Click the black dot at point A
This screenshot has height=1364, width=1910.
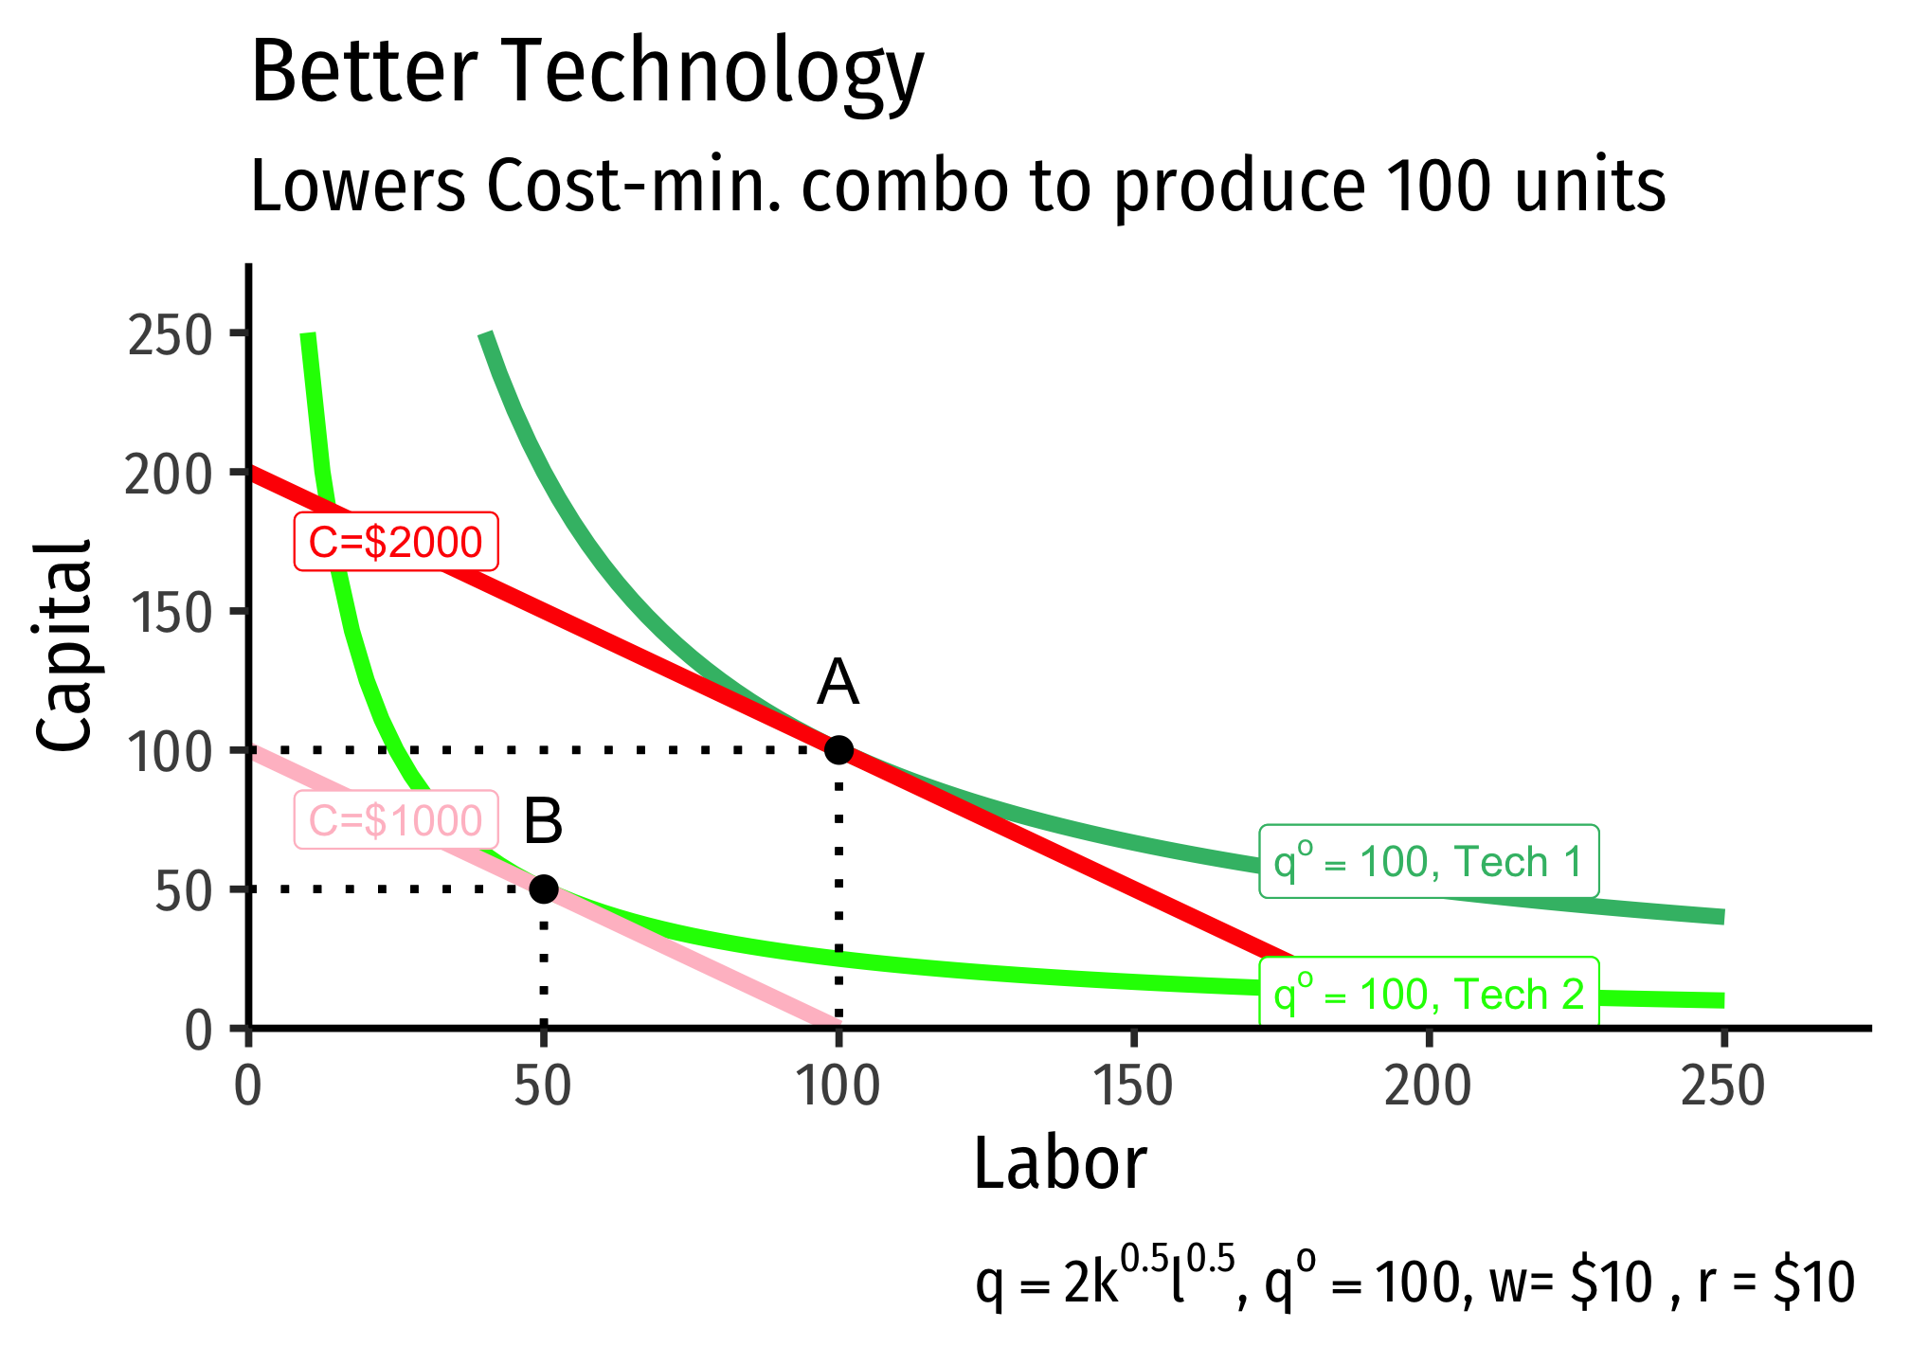(x=838, y=750)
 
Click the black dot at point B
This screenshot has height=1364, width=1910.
(x=543, y=888)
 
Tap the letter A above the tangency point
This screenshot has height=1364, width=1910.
(x=838, y=682)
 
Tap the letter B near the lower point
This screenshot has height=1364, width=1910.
(x=543, y=820)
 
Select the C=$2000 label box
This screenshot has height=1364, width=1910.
(x=396, y=543)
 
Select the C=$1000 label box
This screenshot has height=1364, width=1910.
(x=396, y=820)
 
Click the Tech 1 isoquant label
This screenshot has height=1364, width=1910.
(x=1429, y=862)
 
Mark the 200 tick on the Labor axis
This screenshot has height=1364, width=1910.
(x=1427, y=1086)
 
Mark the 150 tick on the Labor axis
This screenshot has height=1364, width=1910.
(x=1132, y=1086)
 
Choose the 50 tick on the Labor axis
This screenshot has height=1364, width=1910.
(x=543, y=1086)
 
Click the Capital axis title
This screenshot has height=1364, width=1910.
(x=64, y=647)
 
